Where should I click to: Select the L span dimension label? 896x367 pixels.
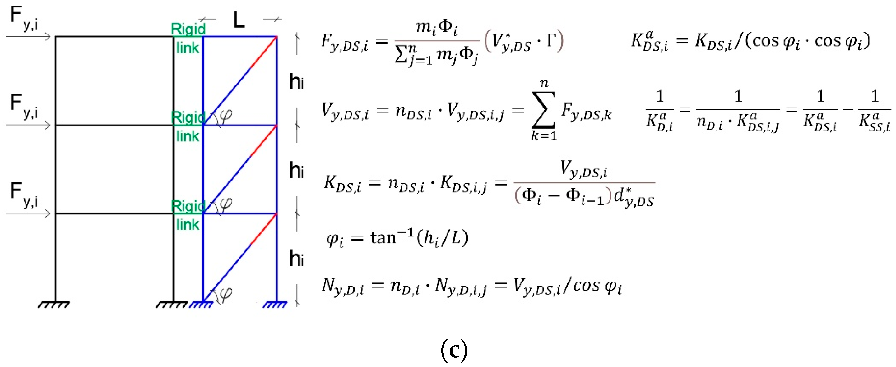(x=239, y=20)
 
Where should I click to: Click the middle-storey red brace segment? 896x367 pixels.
(x=264, y=140)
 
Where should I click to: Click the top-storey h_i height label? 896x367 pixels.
(x=296, y=82)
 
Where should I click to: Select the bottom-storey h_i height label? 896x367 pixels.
(x=296, y=259)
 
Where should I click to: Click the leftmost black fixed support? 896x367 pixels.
(x=53, y=305)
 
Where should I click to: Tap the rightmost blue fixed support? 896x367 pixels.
(x=275, y=305)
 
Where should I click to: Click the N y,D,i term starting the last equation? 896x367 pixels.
(x=343, y=287)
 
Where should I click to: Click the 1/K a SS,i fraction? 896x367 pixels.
(x=875, y=111)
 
